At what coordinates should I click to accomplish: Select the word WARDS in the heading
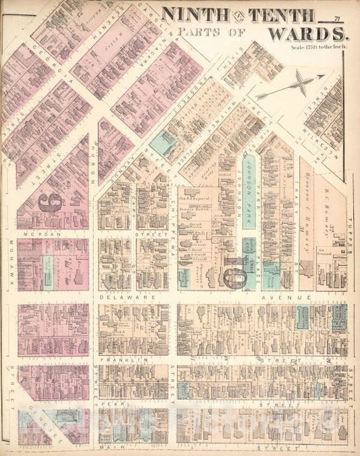click(307, 33)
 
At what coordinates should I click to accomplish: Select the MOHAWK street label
click(11, 263)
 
